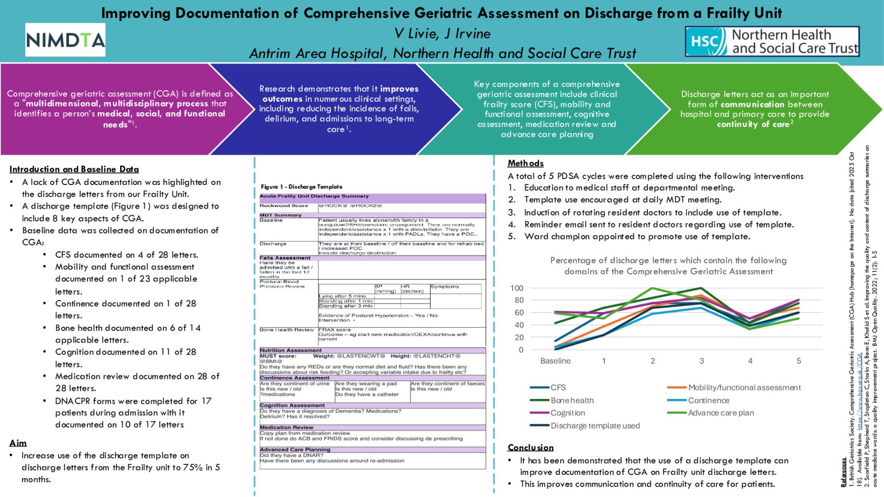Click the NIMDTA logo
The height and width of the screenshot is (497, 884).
click(x=65, y=40)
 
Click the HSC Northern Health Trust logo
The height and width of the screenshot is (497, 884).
click(x=772, y=42)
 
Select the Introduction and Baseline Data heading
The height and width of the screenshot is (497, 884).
click(x=74, y=169)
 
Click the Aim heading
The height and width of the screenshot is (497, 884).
click(x=18, y=443)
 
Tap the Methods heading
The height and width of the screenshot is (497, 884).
click(x=525, y=163)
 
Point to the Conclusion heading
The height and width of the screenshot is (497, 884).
click(x=530, y=447)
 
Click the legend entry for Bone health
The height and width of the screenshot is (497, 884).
click(x=571, y=401)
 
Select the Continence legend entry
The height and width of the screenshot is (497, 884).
click(x=708, y=401)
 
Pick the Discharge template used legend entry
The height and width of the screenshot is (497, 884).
click(x=595, y=426)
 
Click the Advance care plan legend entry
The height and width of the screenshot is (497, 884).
click(x=721, y=413)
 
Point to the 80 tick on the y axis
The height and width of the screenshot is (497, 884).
click(x=517, y=300)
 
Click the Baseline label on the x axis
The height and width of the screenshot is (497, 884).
click(x=555, y=361)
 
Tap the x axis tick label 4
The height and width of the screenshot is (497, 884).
click(x=750, y=361)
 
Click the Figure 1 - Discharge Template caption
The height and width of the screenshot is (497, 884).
click(x=302, y=187)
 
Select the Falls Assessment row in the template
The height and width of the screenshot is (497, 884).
click(x=285, y=258)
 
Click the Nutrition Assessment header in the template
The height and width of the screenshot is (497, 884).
click(x=290, y=350)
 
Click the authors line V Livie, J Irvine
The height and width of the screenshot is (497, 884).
click(x=442, y=34)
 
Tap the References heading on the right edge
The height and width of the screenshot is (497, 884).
click(x=843, y=472)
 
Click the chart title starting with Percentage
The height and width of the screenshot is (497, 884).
click(x=668, y=266)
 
